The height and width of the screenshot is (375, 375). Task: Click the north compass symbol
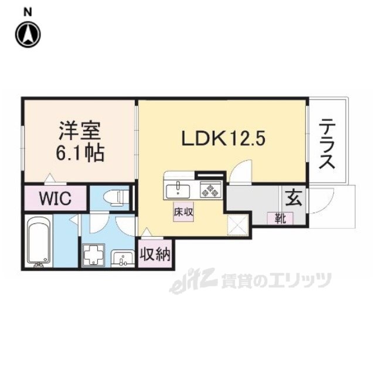click(27, 35)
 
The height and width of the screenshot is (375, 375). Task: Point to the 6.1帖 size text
click(80, 154)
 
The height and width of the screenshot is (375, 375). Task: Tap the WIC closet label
click(56, 198)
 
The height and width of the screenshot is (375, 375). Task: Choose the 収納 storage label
click(155, 254)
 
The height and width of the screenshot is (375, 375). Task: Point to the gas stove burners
click(209, 189)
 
